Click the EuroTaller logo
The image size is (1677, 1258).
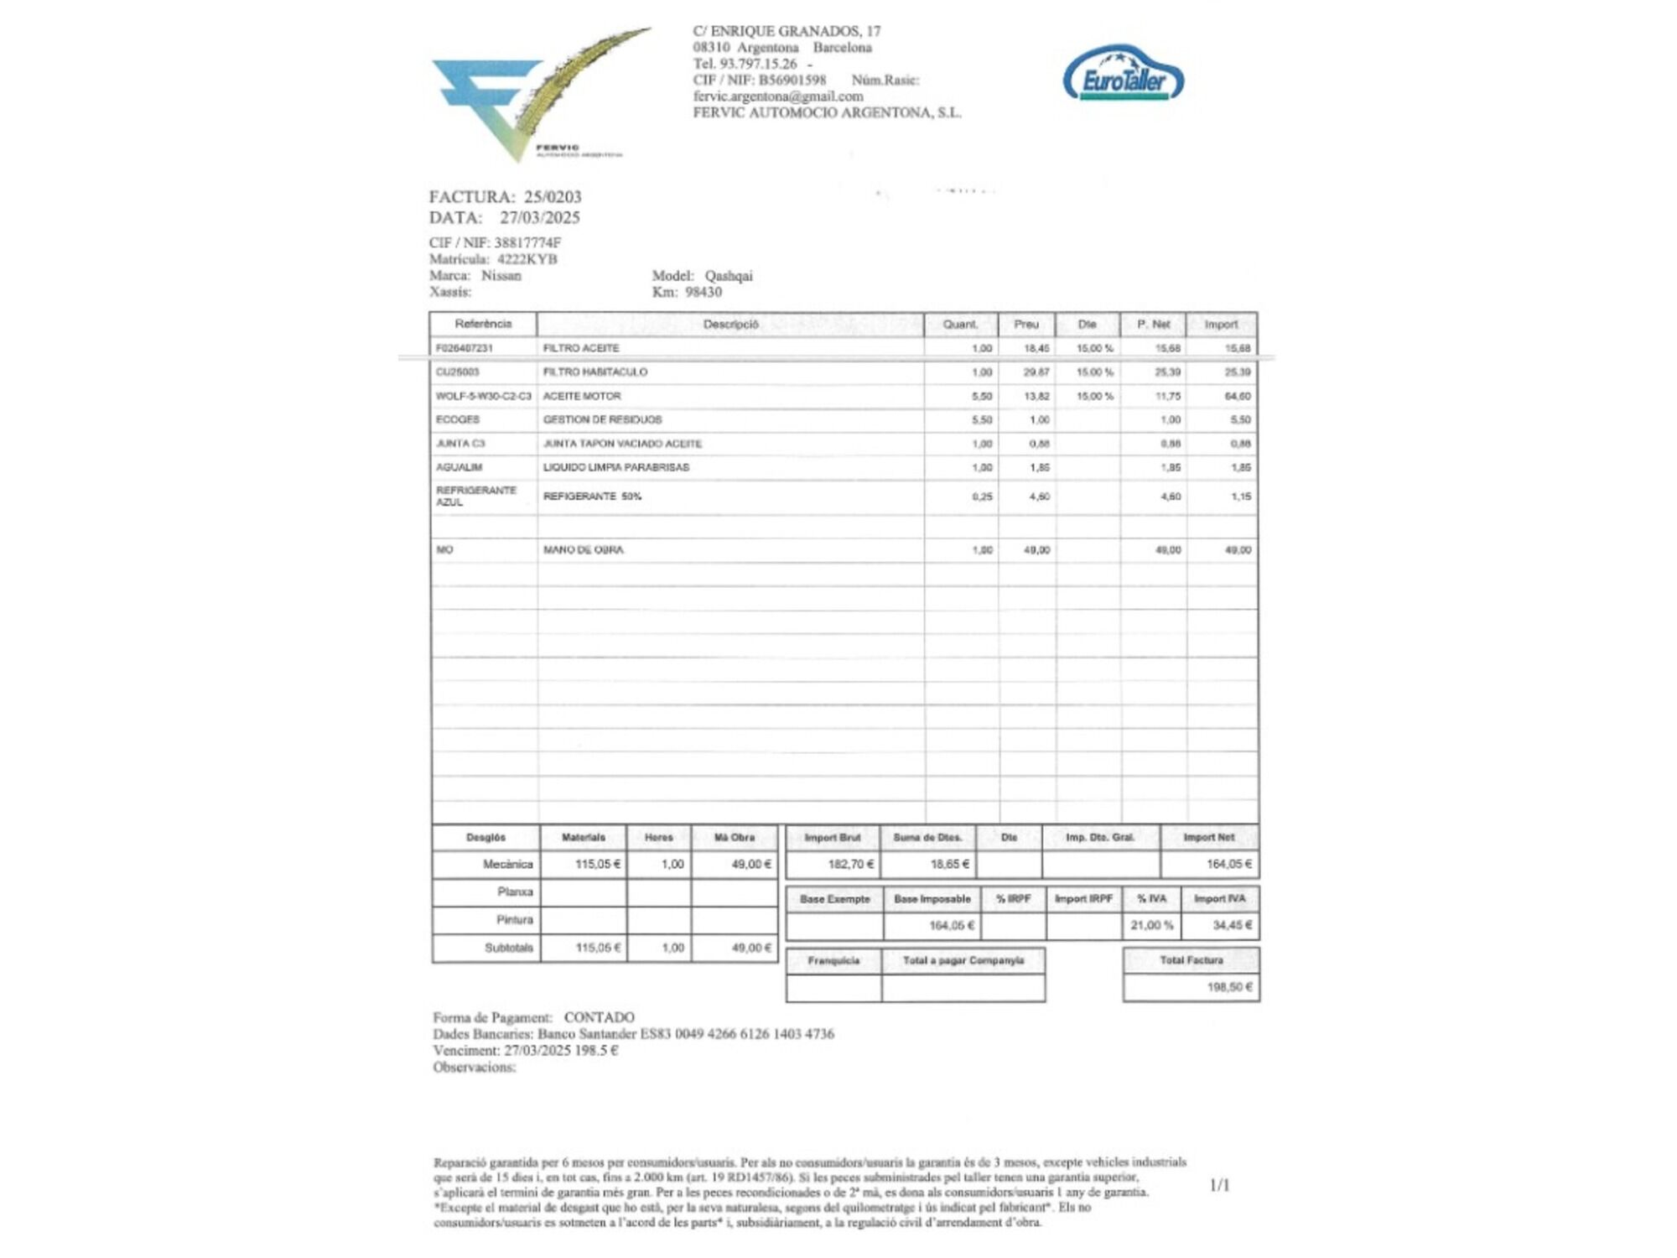coord(1124,75)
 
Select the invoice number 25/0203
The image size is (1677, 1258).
coord(553,197)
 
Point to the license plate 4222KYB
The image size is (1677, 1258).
coord(527,259)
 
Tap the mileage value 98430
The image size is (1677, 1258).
coord(703,292)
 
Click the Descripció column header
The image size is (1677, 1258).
coord(730,325)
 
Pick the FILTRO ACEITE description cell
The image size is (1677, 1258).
coord(581,348)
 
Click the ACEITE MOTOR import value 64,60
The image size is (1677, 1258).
coord(1238,396)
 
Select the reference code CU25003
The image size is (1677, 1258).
coord(457,372)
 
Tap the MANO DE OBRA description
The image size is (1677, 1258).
coord(584,550)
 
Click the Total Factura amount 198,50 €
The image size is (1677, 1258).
coord(1229,987)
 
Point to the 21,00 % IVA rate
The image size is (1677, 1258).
coord(1151,925)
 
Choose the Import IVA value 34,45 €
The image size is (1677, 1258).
coord(1232,925)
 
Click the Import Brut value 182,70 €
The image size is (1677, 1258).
coord(850,864)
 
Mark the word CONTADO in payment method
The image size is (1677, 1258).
coord(599,1017)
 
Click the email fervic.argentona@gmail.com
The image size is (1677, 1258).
coord(777,96)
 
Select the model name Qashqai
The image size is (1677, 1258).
coord(728,276)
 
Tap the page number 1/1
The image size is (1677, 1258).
coord(1220,1185)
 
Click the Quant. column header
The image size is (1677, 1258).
coord(960,325)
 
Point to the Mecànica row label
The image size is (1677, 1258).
coord(507,864)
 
